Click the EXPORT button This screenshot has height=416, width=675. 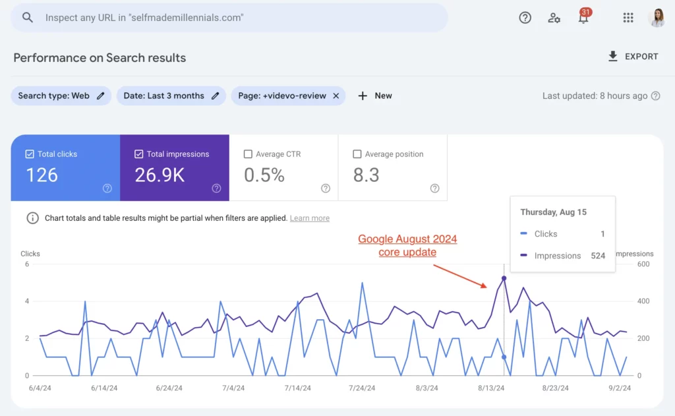tap(633, 57)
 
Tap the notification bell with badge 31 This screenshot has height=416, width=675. tap(583, 18)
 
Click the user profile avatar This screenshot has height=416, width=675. tap(657, 18)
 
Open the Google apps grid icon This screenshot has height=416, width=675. tap(628, 18)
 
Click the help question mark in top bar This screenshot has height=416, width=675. tap(525, 18)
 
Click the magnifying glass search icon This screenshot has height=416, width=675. tap(28, 18)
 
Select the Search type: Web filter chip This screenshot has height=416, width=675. tap(61, 96)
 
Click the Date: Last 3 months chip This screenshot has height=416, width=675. tap(171, 96)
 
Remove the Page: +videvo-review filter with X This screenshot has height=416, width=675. tap(336, 96)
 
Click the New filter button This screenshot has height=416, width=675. tap(375, 96)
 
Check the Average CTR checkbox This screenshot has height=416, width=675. tap(248, 154)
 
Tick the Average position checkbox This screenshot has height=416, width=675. tap(357, 154)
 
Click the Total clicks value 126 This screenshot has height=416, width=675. tap(42, 175)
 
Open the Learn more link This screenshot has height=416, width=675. tap(309, 218)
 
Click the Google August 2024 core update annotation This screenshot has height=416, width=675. tap(407, 245)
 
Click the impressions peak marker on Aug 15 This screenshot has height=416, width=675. tap(504, 278)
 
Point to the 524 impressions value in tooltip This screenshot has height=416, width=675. tap(598, 256)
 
